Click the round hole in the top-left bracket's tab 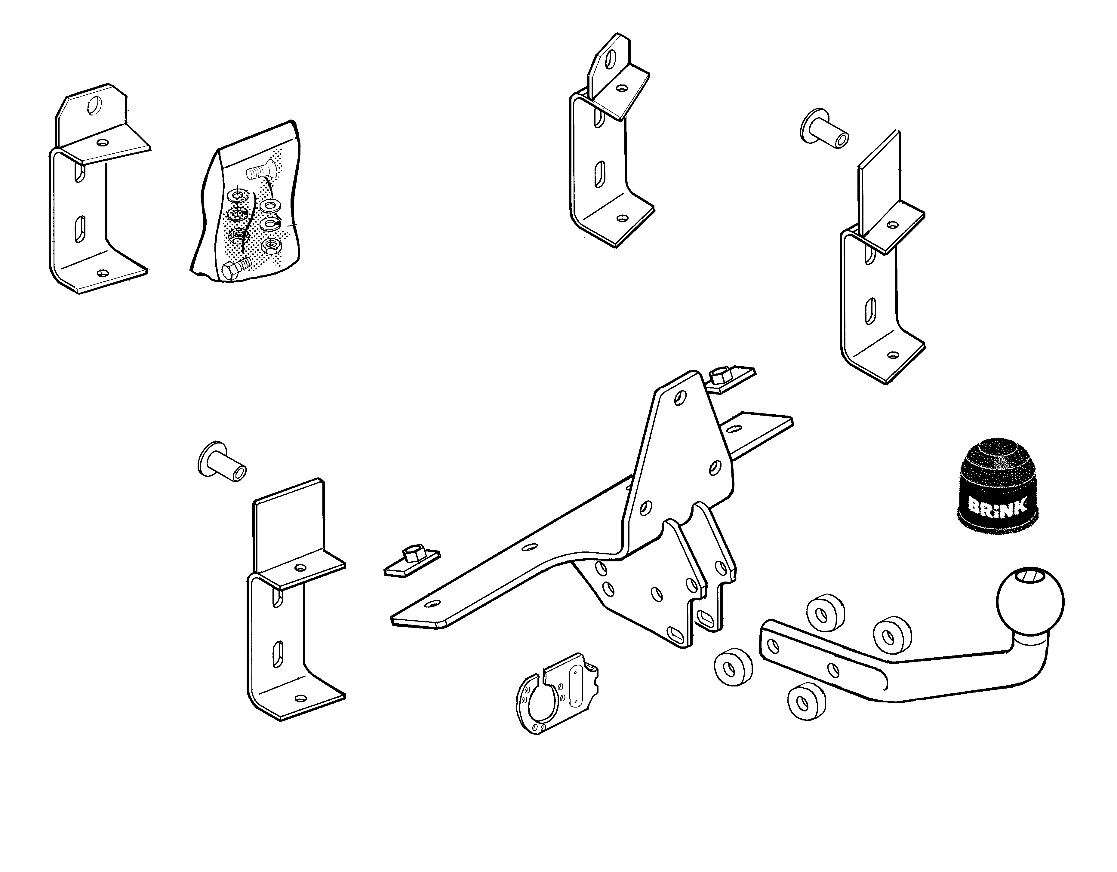coord(95,106)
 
